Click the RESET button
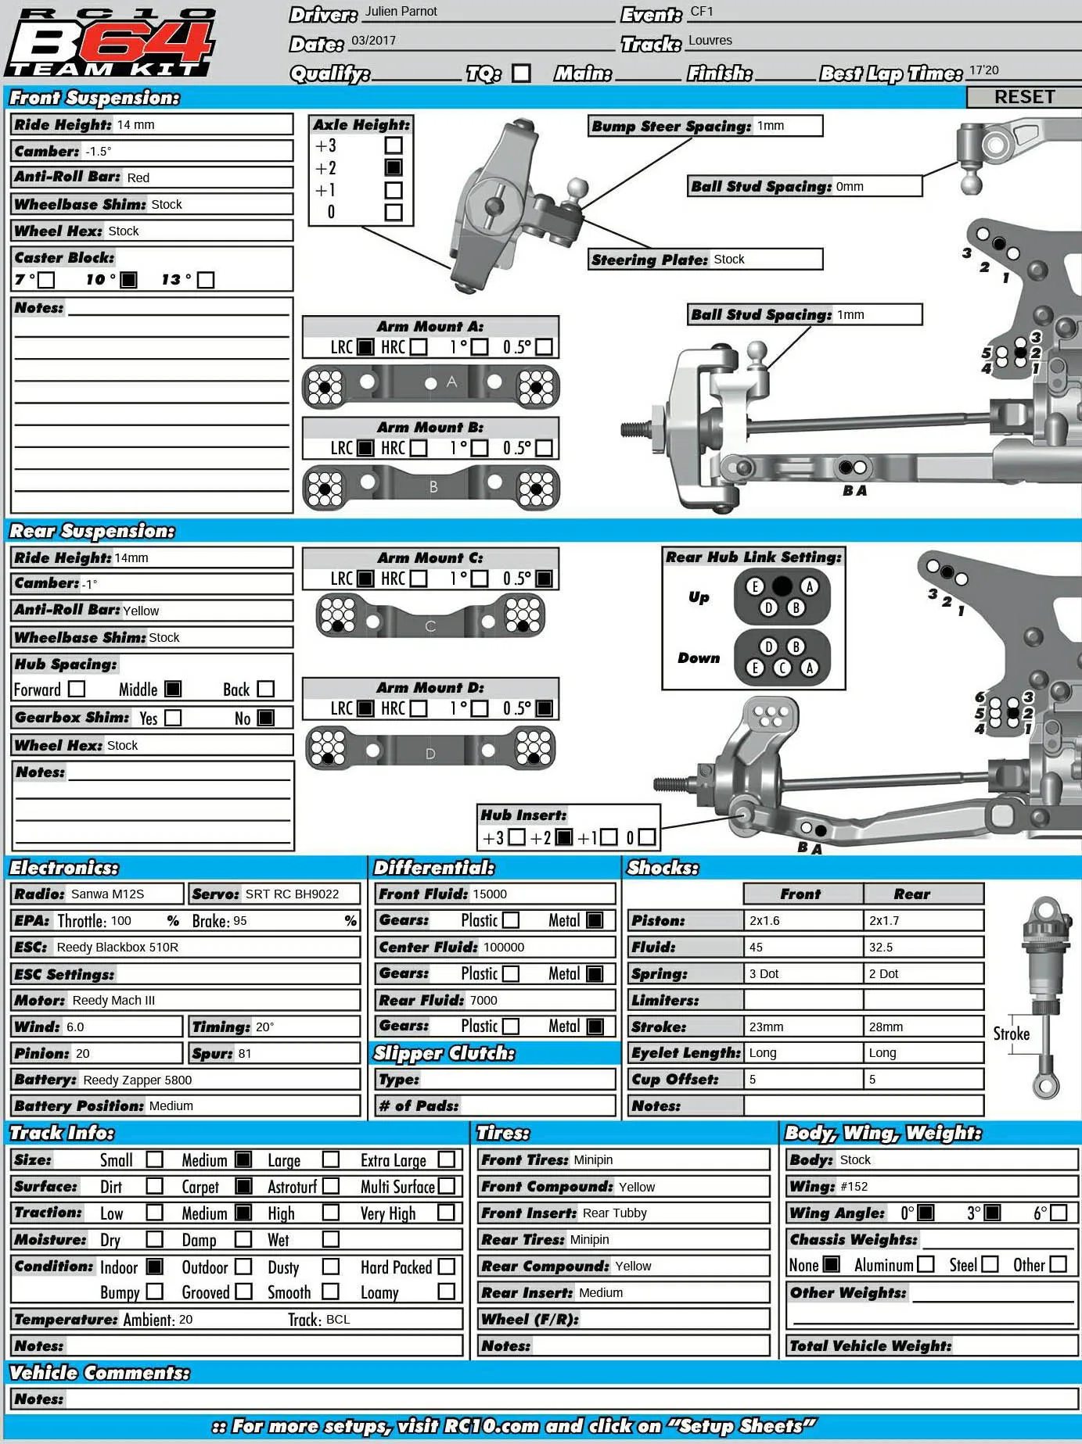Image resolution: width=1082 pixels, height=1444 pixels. tap(1024, 97)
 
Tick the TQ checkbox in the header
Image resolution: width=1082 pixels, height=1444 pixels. tap(521, 73)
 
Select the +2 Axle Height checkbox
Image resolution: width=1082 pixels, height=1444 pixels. tap(394, 167)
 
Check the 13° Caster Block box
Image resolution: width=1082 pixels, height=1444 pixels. tap(206, 280)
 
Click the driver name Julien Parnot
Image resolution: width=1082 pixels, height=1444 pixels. tap(401, 12)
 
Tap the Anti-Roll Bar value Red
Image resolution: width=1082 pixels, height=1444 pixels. tap(138, 178)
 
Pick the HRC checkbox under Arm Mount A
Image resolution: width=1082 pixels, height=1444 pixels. tap(419, 346)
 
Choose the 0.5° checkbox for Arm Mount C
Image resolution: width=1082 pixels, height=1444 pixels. tap(545, 579)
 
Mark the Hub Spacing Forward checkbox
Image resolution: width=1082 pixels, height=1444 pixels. tap(77, 689)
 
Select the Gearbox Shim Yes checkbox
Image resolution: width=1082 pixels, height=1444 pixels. tap(174, 718)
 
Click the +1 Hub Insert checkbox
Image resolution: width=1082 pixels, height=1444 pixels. tap(609, 837)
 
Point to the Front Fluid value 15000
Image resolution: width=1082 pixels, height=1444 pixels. tap(490, 894)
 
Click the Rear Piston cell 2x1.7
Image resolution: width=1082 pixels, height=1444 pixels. tap(884, 921)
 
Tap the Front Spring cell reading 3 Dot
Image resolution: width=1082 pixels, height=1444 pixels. tap(764, 974)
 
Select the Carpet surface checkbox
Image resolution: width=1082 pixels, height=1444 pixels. tap(244, 1186)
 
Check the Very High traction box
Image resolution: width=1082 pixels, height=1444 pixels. tap(446, 1213)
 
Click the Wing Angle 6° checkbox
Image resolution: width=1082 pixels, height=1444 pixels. tap(1059, 1213)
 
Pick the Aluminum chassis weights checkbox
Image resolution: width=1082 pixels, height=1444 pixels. tap(926, 1264)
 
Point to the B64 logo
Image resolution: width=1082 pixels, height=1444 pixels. tap(110, 43)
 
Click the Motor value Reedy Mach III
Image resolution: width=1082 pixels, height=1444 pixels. tap(113, 1001)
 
